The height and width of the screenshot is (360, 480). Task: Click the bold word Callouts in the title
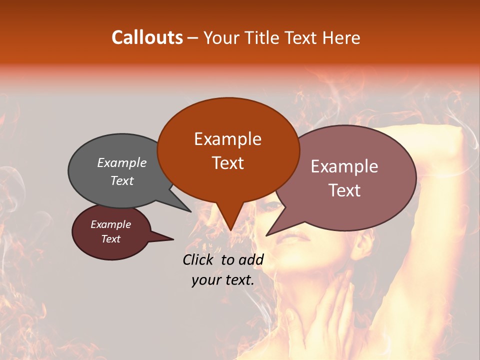pos(147,37)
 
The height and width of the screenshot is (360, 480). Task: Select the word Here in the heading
pos(341,38)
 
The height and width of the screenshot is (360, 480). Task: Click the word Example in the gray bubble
pos(122,162)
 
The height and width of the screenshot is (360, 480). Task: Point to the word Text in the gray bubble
pos(122,180)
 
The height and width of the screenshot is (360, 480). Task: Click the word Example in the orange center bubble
pos(227,139)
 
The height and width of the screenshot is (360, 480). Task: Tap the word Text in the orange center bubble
pos(227,163)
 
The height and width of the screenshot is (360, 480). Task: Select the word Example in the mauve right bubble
pos(344,166)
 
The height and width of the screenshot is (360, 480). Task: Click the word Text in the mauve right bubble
pos(345,190)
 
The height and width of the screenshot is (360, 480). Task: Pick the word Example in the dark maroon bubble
pos(110,224)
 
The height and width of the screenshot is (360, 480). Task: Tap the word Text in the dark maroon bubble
pos(110,239)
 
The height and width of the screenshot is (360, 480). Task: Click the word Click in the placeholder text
pos(199,259)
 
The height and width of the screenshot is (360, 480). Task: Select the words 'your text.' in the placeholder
pos(222,280)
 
